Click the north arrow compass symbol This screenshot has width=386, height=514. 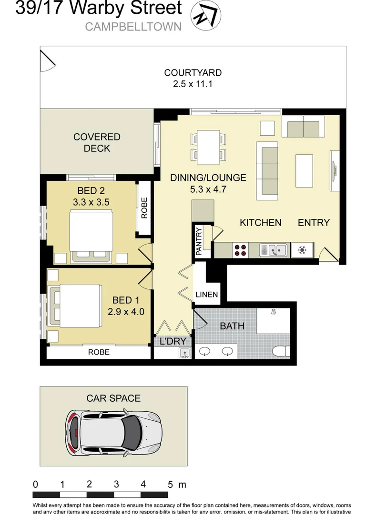(206, 15)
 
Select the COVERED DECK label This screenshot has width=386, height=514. (97, 142)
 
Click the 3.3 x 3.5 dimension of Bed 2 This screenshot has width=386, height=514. (91, 202)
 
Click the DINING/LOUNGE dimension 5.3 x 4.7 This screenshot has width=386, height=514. (208, 189)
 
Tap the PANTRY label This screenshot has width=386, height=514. (199, 241)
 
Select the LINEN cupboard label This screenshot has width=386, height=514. (206, 295)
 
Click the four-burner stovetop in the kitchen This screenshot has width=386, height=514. (240, 250)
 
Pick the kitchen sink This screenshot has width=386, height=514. (274, 250)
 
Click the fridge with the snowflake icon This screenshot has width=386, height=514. (302, 250)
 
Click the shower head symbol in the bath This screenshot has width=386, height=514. (274, 312)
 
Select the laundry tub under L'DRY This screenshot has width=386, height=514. (185, 353)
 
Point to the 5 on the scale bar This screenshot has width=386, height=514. (170, 484)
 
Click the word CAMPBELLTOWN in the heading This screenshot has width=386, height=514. (133, 27)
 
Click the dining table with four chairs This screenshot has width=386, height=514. (208, 146)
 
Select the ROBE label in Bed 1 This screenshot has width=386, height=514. (99, 352)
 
